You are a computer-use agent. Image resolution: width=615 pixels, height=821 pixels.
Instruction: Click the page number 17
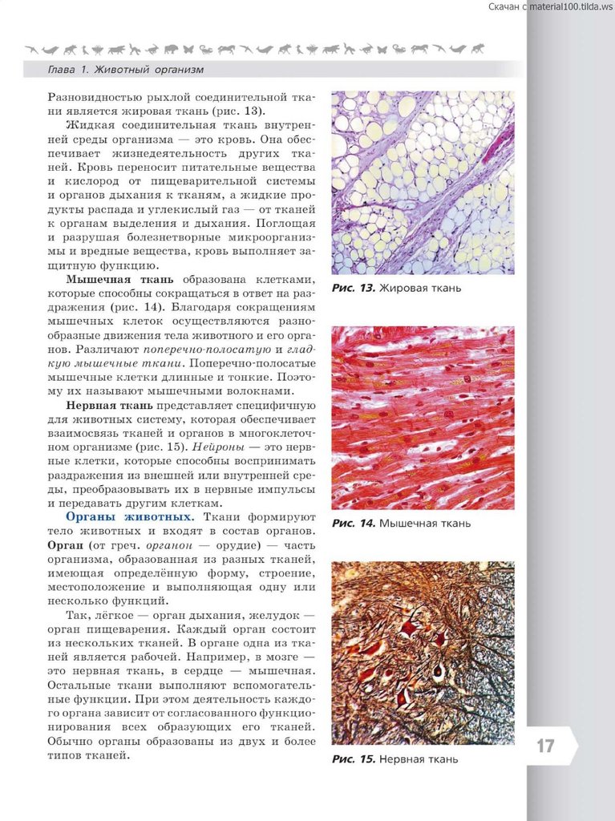point(545,746)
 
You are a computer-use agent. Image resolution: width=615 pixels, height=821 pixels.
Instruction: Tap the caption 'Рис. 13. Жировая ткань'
point(397,288)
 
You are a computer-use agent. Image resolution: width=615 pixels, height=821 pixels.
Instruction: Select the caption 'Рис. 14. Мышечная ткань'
point(401,524)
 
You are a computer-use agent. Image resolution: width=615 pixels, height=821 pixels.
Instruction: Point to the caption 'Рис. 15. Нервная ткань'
point(395,758)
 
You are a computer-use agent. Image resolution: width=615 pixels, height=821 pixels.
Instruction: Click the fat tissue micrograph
point(423,183)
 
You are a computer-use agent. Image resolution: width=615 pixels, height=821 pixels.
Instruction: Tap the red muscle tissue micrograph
point(423,418)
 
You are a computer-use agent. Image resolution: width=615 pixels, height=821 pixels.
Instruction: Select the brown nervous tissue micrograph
point(423,653)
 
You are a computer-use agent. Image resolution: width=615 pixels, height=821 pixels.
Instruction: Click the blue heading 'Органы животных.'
point(129,517)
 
